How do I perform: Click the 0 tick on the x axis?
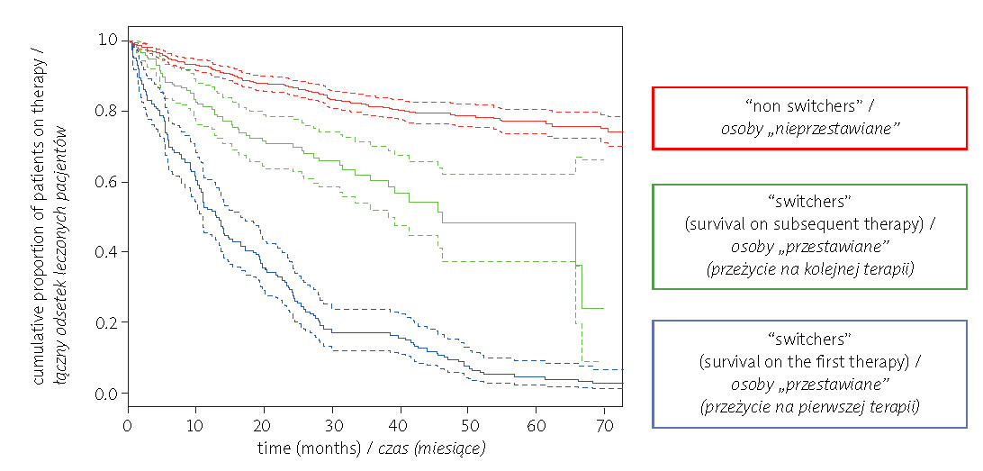tap(128, 423)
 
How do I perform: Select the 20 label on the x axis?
tap(264, 423)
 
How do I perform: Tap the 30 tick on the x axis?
tap(332, 423)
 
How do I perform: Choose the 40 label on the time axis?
tap(400, 423)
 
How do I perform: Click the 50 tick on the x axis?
tap(468, 423)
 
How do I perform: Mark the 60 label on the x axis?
tap(537, 423)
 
